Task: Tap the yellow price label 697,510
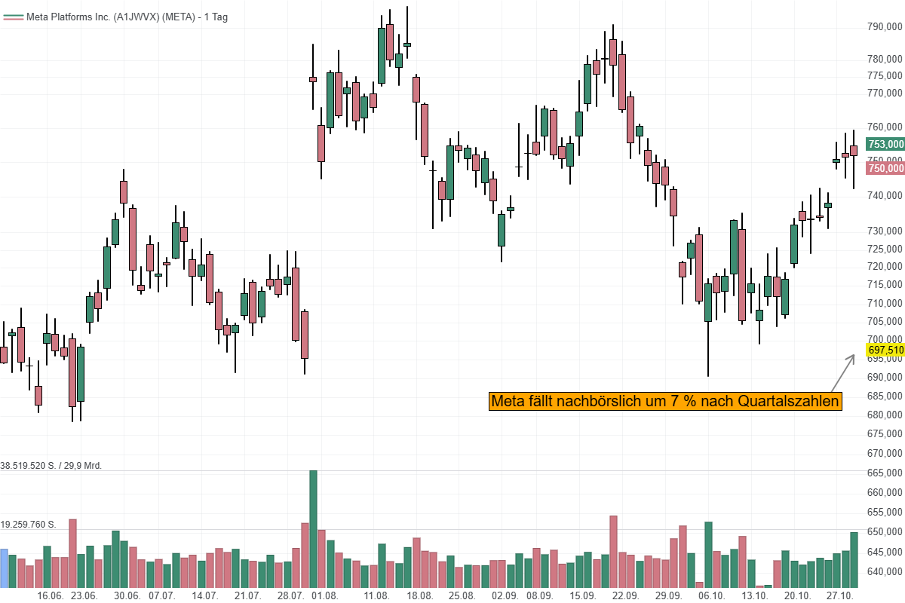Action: (885, 350)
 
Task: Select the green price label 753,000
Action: (885, 144)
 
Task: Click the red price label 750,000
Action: (885, 168)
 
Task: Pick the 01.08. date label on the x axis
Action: (324, 595)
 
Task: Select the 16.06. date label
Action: (50, 595)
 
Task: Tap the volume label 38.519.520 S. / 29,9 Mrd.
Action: (51, 466)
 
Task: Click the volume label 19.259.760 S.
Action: (38, 524)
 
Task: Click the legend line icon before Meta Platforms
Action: (13, 17)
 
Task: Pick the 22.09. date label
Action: (625, 595)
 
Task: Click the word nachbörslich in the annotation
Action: (611, 402)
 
